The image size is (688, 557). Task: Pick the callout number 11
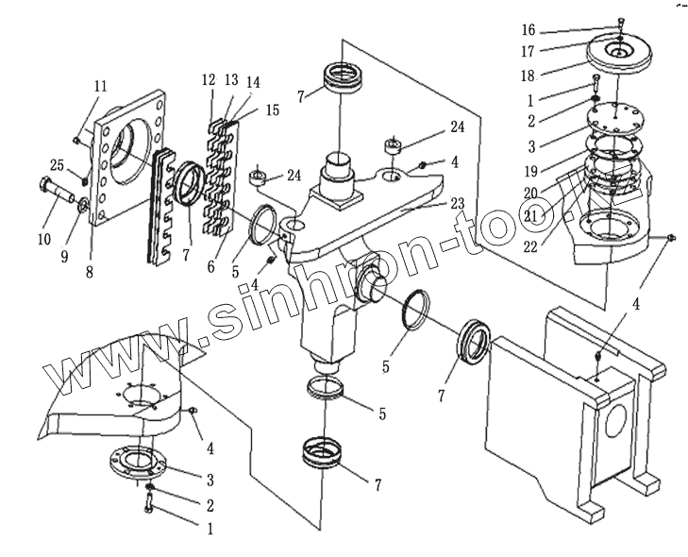[100, 87]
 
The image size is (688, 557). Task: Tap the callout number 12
[209, 81]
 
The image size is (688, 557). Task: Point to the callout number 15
[273, 110]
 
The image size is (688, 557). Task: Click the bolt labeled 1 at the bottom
[150, 507]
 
